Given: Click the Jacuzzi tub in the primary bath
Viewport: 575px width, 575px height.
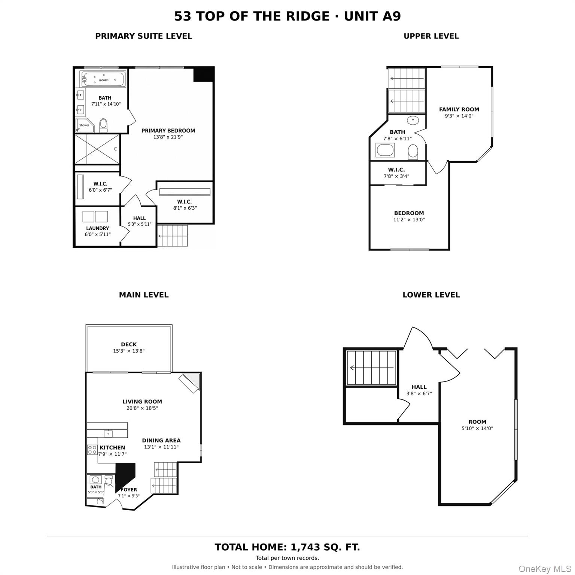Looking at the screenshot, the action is coord(103,79).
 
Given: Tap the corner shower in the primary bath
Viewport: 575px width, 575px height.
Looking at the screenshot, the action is coord(84,125).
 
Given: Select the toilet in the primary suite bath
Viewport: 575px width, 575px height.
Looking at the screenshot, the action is coord(103,125).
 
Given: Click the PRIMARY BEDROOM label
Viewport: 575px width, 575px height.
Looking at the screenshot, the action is coord(168,131).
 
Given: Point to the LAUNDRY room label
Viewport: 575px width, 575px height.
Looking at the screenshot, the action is coord(97,228).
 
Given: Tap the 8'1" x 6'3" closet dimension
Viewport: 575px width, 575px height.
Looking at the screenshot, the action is coord(185,208).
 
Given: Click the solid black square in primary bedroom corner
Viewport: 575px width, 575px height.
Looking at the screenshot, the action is coord(203,74).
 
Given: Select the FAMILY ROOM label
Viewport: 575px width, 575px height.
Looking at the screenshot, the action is coord(459,110).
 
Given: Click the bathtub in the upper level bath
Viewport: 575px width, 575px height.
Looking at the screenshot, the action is coord(385,151).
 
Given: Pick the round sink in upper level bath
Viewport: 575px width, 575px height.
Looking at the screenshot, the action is coord(413,121).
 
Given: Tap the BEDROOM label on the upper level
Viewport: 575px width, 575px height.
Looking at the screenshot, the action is coord(409,213).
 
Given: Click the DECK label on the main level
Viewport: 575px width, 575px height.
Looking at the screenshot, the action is coord(129,344).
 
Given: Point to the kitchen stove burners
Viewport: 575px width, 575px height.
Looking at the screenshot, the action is coord(92,450).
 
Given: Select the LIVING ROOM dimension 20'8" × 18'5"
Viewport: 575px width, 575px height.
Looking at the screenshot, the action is coord(142,408).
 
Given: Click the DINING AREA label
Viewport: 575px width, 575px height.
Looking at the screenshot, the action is coord(161,441).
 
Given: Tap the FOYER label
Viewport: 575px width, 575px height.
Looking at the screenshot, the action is coord(129,490).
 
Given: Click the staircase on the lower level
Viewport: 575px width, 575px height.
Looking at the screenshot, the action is coord(371,368).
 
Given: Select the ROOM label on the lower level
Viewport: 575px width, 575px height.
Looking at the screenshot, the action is coord(477,422).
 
